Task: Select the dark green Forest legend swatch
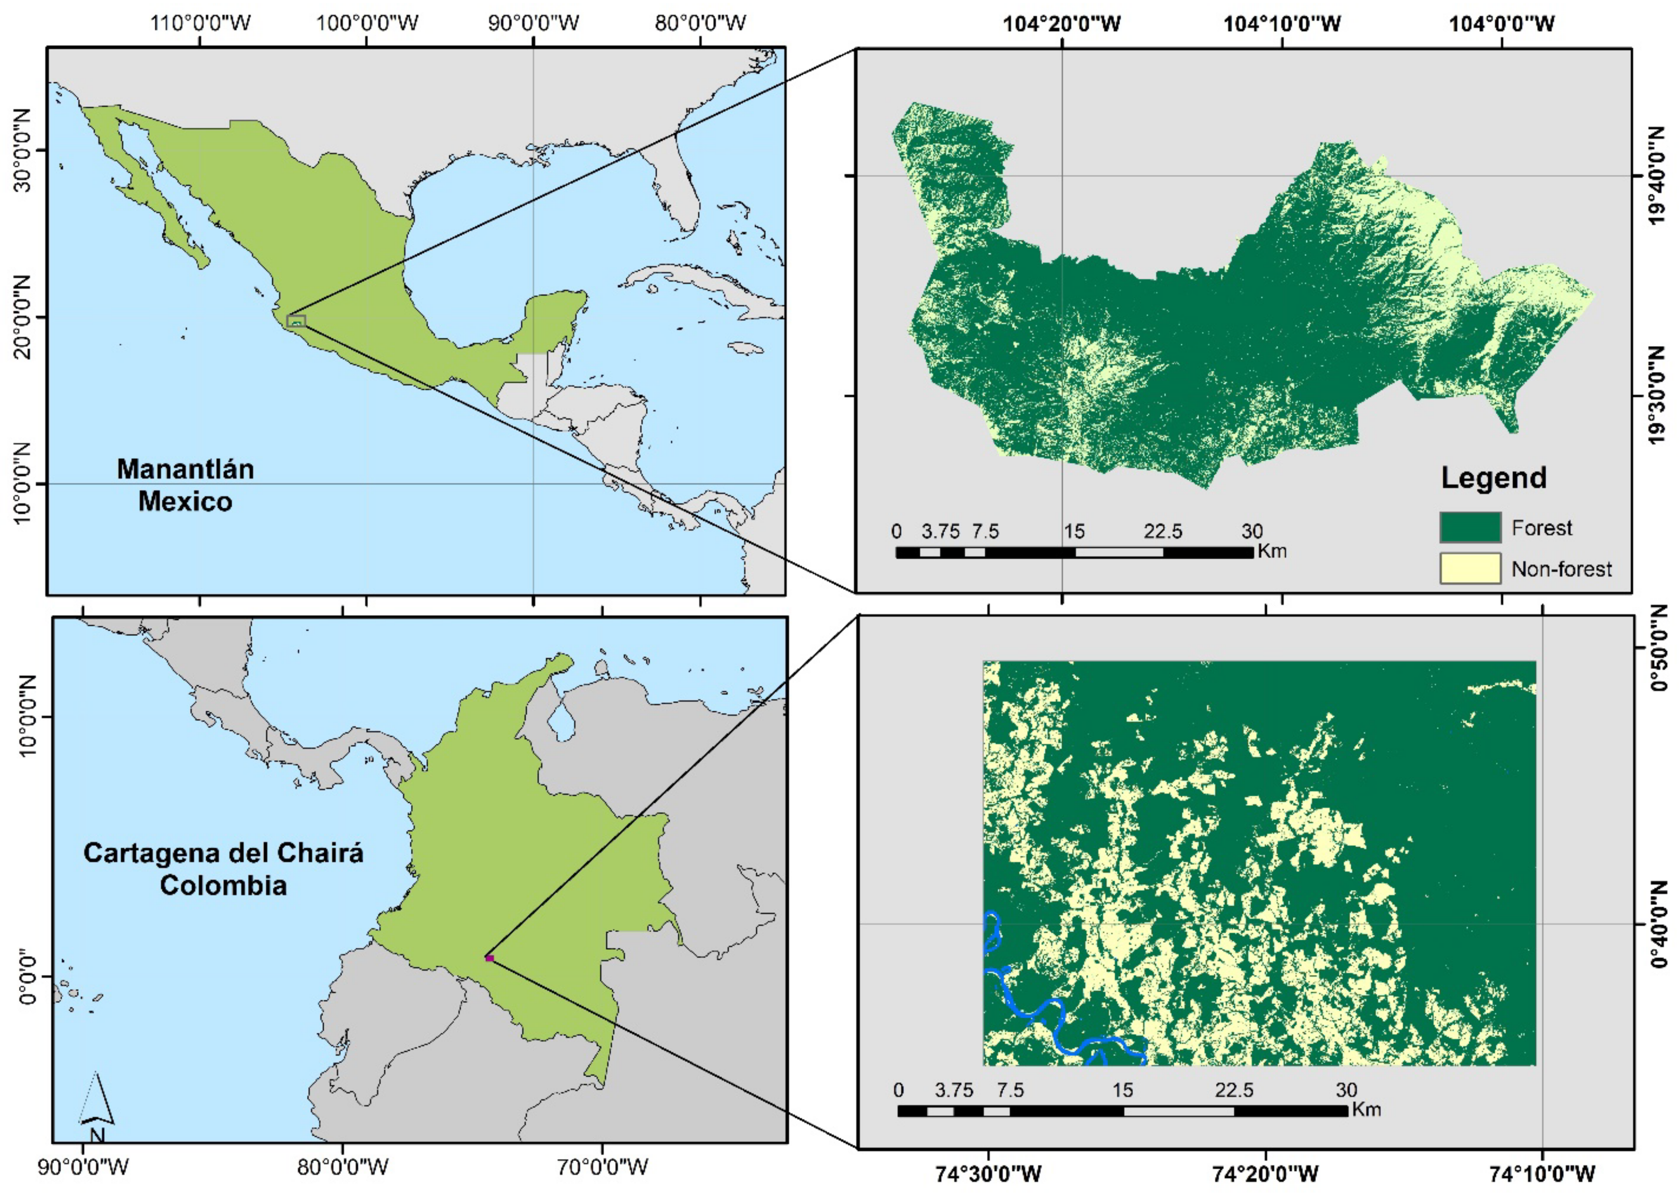pos(1469,527)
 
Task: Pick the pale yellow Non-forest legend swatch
pos(1469,568)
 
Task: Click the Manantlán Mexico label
pos(185,485)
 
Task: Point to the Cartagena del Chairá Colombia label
pos(223,869)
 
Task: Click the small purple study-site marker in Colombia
pos(489,958)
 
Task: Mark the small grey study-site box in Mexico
pos(295,321)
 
